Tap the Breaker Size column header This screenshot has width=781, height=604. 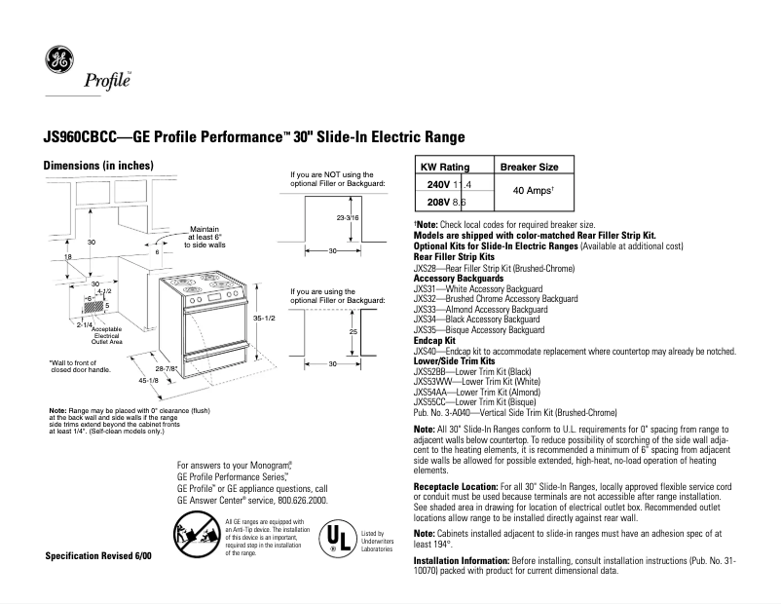[x=529, y=168]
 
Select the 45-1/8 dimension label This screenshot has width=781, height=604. [x=147, y=380]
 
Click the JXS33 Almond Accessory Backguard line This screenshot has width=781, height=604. [x=478, y=308]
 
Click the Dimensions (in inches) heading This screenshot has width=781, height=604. [x=85, y=166]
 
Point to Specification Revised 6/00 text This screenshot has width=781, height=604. [x=98, y=554]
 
